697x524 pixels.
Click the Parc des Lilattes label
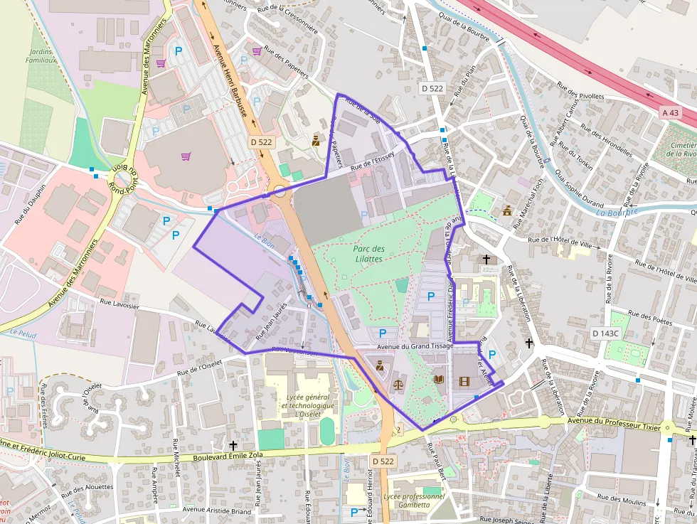[368, 253]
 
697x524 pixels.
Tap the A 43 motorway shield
[669, 112]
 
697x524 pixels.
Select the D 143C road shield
[605, 333]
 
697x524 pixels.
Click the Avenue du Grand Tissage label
[415, 347]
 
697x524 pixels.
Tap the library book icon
[439, 379]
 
